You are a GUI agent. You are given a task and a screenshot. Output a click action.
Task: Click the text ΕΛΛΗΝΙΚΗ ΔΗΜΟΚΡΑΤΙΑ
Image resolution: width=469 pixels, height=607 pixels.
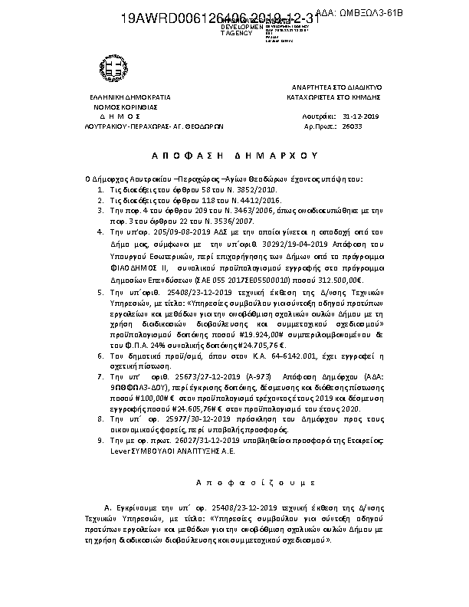pyautogui.click(x=130, y=98)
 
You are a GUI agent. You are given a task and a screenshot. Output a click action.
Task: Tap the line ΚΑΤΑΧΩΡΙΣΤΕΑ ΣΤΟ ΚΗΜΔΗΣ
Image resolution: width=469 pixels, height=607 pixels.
pyautogui.click(x=334, y=98)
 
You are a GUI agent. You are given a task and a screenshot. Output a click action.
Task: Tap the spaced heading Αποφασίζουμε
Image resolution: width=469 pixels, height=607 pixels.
pyautogui.click(x=234, y=483)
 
